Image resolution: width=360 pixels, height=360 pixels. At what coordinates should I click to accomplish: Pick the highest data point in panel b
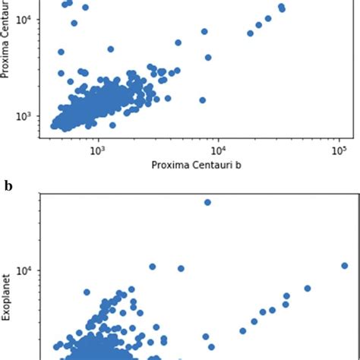click(207, 202)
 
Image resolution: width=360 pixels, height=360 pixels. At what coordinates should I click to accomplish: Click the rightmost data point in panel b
click(344, 266)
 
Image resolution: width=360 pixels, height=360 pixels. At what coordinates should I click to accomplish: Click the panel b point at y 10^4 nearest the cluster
click(152, 267)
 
